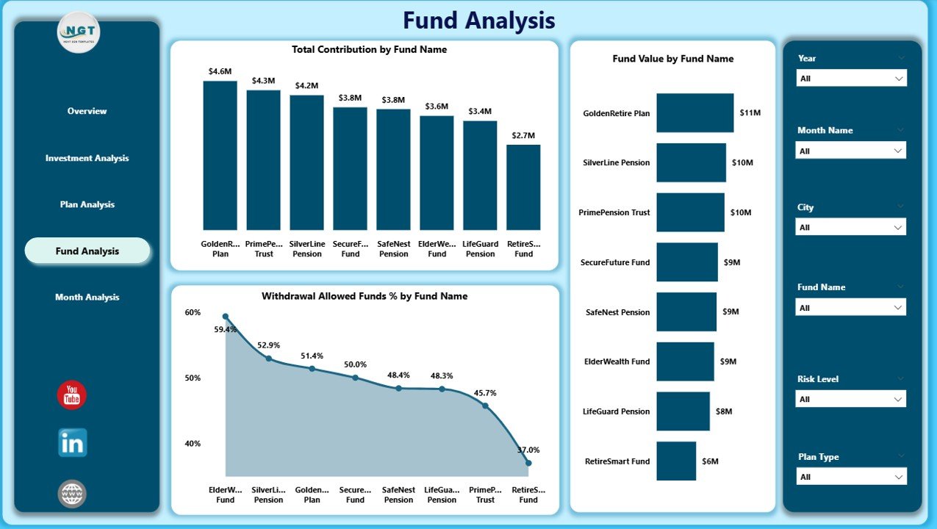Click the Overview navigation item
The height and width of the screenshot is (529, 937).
tap(87, 111)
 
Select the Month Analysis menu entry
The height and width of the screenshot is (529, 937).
tap(87, 298)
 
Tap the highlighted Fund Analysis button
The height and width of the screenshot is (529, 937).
tap(87, 251)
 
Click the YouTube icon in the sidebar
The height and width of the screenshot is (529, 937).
tap(72, 395)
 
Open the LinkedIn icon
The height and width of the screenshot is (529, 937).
tap(73, 443)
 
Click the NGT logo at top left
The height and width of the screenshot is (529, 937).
tap(79, 32)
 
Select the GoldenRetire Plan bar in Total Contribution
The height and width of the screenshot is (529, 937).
tap(220, 155)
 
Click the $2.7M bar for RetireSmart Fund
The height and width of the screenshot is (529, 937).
tap(523, 187)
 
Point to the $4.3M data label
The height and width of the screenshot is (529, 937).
tap(264, 80)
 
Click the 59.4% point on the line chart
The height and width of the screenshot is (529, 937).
tap(226, 317)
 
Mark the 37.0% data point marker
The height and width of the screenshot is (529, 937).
tap(528, 463)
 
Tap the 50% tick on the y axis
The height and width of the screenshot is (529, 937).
tap(193, 378)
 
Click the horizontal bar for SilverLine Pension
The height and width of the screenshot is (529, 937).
tap(691, 162)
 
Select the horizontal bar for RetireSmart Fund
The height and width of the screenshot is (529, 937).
tap(676, 461)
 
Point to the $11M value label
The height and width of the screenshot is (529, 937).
tap(750, 112)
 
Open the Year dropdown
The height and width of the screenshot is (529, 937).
tap(851, 78)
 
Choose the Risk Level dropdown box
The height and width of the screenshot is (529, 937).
tap(851, 399)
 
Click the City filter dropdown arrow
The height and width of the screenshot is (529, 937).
tap(898, 227)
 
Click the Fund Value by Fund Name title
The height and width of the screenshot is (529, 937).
tap(672, 59)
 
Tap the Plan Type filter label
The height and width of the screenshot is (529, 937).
tap(818, 457)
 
